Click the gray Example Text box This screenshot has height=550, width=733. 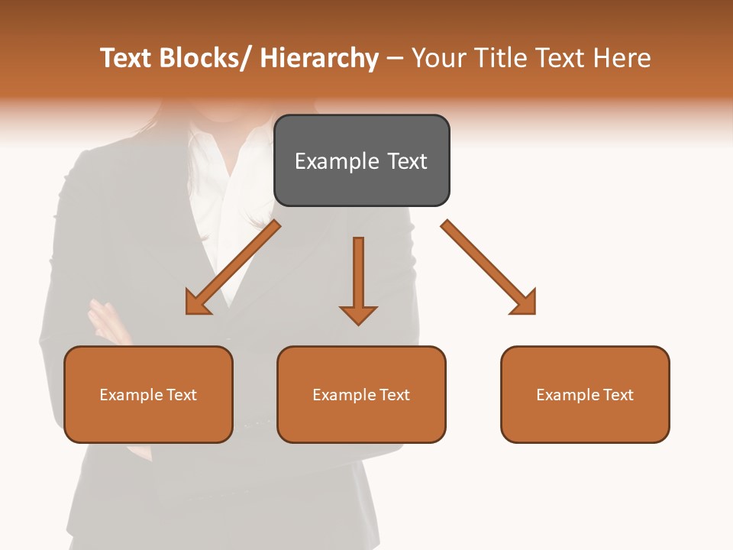361,160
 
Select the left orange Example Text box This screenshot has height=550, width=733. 148,394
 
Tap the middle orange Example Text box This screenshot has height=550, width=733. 361,394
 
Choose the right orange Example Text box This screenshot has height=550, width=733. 585,394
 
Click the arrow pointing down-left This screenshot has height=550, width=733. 233,268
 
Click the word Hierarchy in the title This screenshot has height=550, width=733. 319,58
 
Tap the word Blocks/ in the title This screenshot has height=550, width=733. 205,58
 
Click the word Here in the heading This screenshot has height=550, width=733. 622,58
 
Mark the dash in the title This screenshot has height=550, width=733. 395,58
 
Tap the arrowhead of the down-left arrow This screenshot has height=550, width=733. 198,302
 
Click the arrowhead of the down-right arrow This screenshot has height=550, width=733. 524,302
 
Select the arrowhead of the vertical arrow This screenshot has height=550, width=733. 358,314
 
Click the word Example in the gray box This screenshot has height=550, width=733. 335,161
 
